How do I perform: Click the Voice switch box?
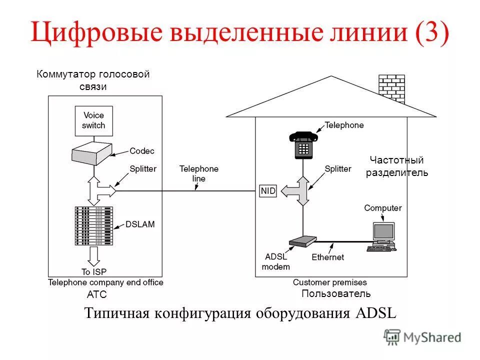pos(93,120)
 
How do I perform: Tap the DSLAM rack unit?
pos(93,225)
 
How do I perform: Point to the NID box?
pos(268,191)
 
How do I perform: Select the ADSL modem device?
pos(302,241)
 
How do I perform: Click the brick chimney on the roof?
pos(391,88)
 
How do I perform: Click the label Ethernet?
pos(328,257)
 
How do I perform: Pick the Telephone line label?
pos(199,173)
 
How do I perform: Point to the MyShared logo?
pos(423,337)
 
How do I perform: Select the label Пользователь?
pos(336,293)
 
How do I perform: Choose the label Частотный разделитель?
pos(397,166)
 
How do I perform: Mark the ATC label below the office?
pos(97,294)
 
